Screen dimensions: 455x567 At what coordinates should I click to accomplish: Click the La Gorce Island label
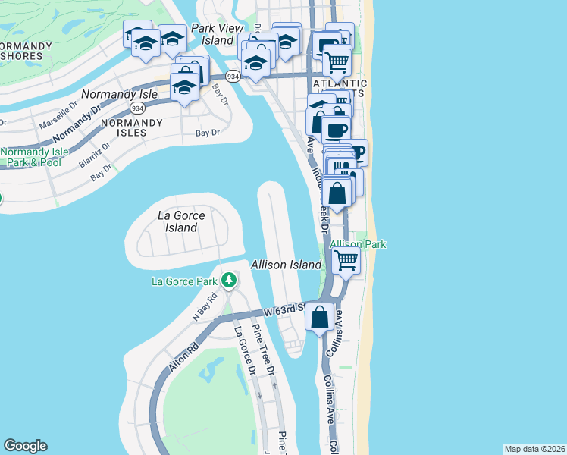click(x=181, y=221)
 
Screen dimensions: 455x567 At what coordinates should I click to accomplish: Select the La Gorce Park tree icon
click(x=229, y=281)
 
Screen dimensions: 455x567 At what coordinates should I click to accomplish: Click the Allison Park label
click(x=359, y=244)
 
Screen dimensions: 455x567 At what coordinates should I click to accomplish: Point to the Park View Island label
click(x=212, y=33)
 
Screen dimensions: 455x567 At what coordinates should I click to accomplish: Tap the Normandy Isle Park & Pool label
click(x=30, y=157)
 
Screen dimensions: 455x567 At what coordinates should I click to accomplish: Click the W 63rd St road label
click(x=283, y=310)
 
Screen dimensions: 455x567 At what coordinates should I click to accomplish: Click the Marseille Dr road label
click(x=59, y=114)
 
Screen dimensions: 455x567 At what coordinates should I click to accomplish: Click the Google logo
click(x=25, y=446)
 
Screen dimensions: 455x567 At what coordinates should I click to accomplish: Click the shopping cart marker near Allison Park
click(x=346, y=262)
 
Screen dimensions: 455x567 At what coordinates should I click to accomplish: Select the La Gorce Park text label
click(x=185, y=282)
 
